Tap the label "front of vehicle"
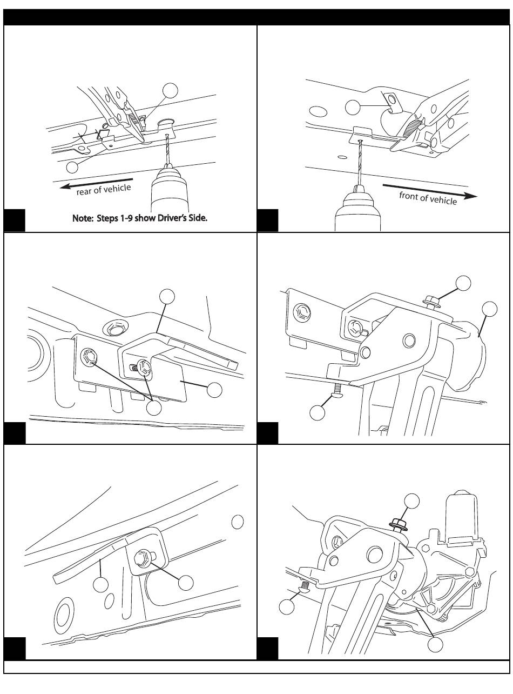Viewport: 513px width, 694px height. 428,198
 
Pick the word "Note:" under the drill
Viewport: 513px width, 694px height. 83,219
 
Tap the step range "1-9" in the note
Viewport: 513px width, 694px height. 130,219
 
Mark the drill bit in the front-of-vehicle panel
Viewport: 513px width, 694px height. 358,162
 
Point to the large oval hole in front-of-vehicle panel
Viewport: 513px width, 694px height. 319,111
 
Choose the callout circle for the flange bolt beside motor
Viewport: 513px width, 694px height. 412,501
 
